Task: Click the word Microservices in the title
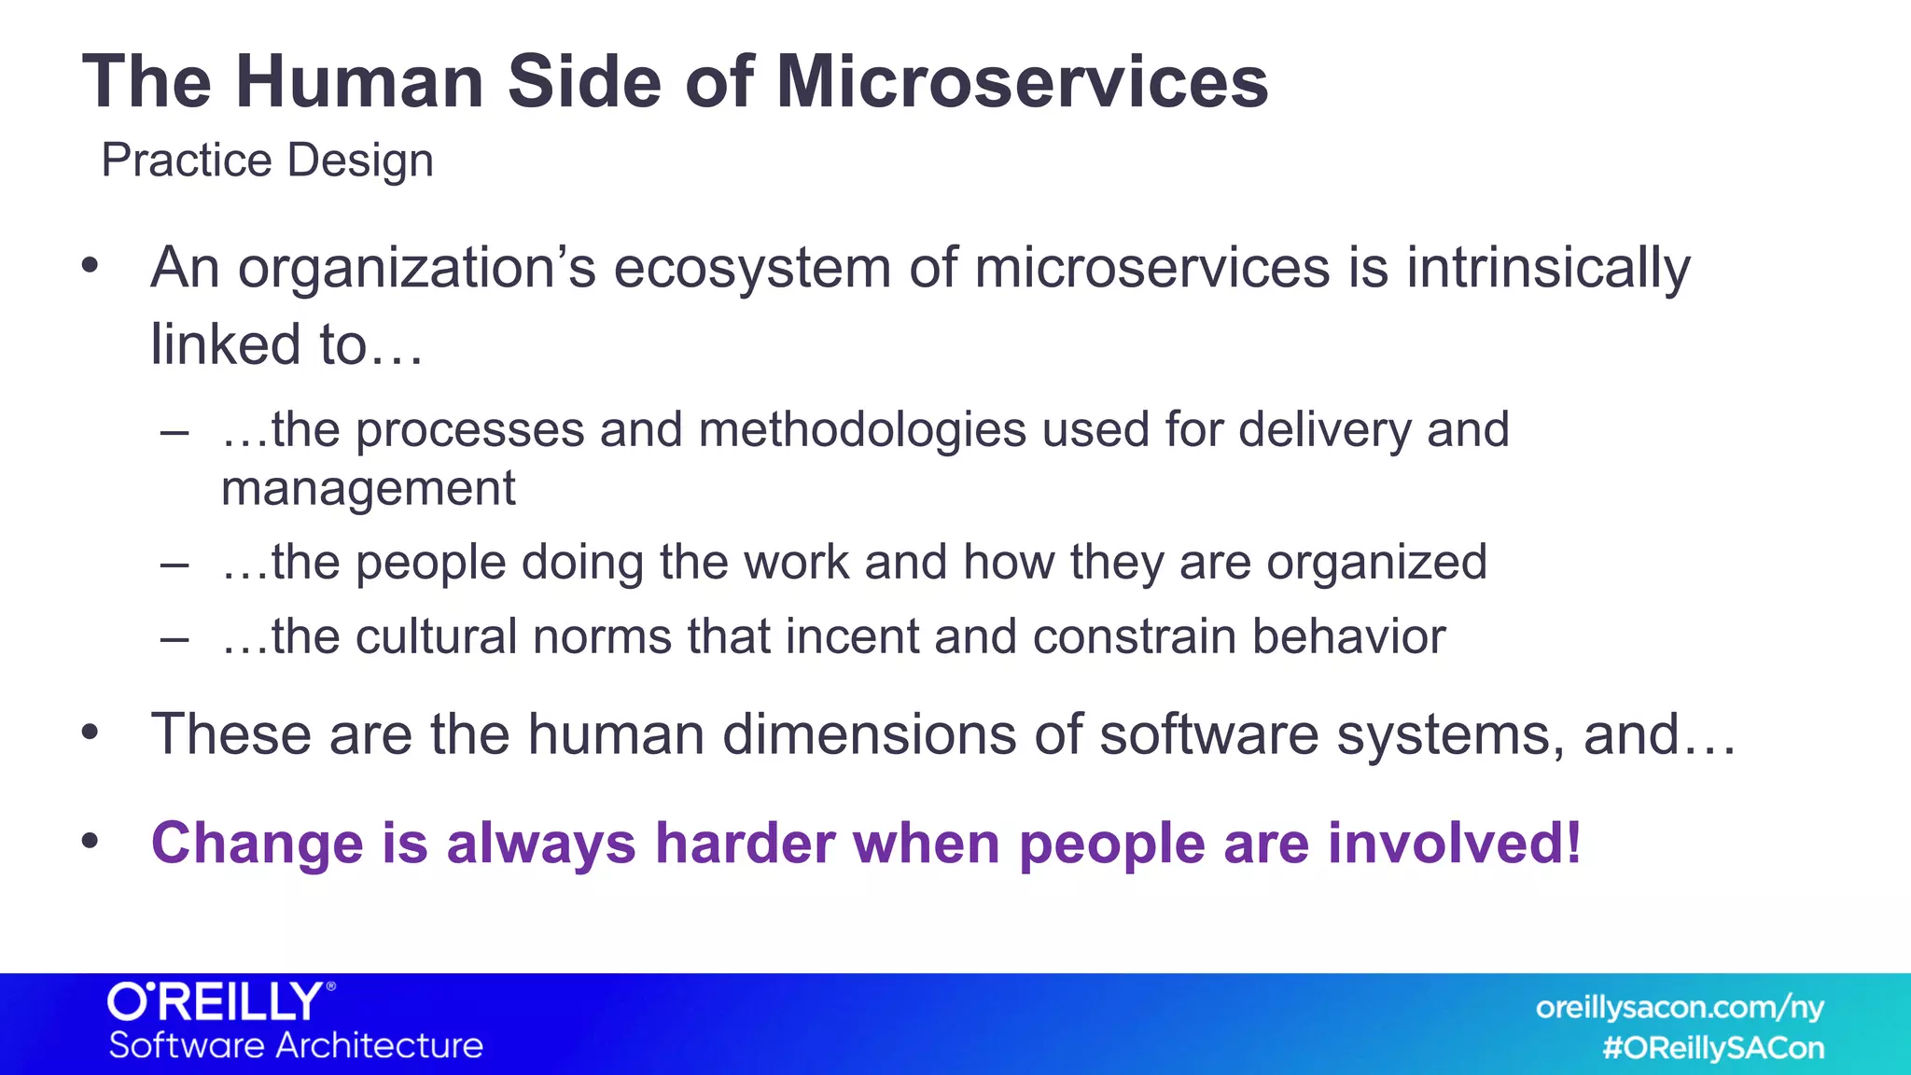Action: coord(1022,82)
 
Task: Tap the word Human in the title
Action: coord(359,82)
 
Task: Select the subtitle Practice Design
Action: coord(267,161)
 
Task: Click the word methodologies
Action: coord(861,430)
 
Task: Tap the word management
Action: coord(368,489)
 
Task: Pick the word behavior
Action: coord(1348,637)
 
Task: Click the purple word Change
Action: coord(256,844)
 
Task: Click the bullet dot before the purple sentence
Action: coord(90,842)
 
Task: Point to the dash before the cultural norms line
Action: coord(174,639)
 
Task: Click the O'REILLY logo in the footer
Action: coord(220,1002)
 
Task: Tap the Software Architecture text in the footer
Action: coord(296,1045)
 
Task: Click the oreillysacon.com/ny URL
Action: coord(1679,1008)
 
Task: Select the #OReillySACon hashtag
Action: coord(1712,1048)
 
